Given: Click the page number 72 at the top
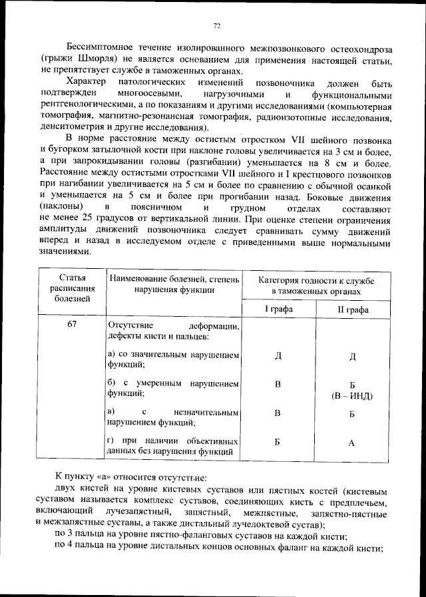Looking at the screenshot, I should (216, 26).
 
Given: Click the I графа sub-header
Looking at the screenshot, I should (278, 309).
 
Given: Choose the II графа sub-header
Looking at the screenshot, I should (353, 309).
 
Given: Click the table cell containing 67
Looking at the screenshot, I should (72, 325).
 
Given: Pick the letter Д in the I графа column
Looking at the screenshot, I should (278, 358).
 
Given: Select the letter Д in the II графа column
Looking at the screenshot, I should (353, 358).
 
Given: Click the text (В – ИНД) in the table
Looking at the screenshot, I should (353, 397).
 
